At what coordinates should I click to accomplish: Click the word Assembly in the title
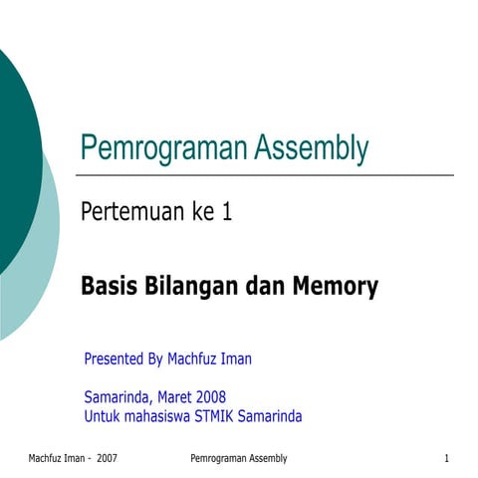(312, 148)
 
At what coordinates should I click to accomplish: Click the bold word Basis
(108, 288)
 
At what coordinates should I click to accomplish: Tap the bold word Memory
(335, 288)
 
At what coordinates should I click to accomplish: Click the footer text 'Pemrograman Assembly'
(238, 458)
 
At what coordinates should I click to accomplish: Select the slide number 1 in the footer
(447, 458)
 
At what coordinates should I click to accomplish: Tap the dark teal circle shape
(12, 149)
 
